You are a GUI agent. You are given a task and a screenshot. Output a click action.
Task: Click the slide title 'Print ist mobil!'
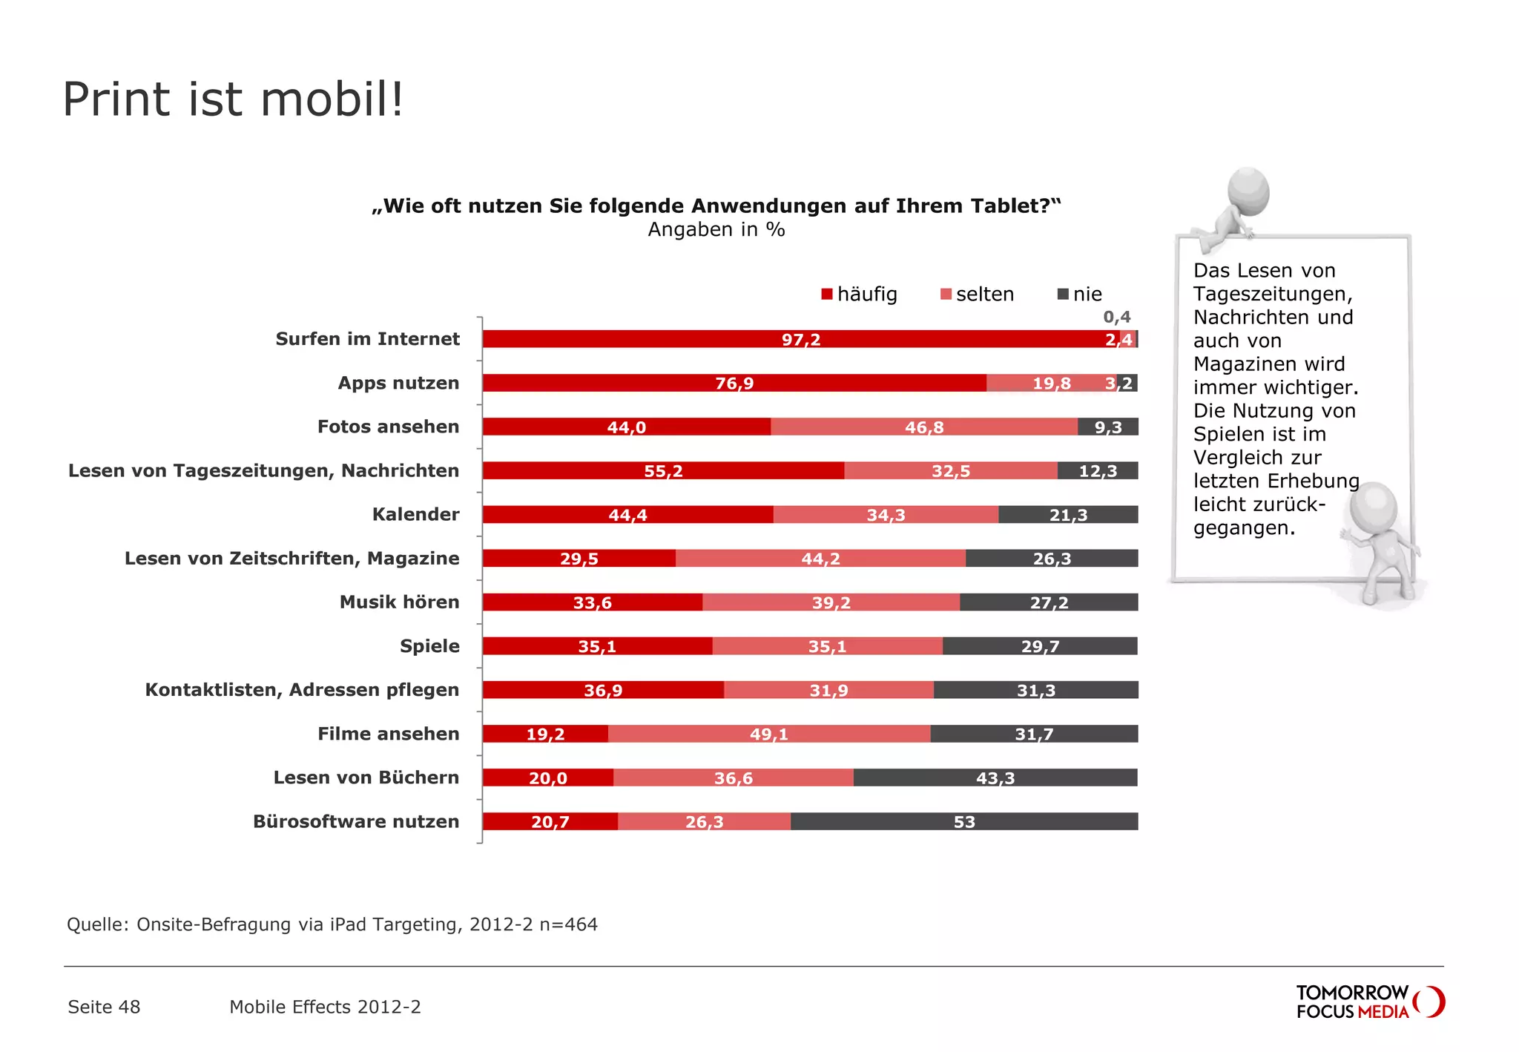[233, 99]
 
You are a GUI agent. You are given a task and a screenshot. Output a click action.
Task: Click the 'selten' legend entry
[977, 295]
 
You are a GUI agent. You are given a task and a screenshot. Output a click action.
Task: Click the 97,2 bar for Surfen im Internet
[800, 340]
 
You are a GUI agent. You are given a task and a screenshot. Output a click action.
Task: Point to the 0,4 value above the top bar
[1116, 318]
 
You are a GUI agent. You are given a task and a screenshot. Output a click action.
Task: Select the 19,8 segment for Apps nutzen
[1051, 384]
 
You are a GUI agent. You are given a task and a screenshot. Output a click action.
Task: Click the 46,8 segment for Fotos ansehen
[923, 427]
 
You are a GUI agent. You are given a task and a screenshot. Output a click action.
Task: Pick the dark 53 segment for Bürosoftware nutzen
[963, 822]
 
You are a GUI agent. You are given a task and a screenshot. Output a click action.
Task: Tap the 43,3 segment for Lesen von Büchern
[995, 778]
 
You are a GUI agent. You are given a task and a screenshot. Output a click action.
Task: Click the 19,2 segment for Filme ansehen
[545, 734]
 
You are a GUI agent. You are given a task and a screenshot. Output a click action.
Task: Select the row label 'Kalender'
[415, 515]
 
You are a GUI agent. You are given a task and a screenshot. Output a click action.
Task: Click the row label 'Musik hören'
[399, 602]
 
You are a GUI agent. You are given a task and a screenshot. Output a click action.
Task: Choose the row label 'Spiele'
[429, 646]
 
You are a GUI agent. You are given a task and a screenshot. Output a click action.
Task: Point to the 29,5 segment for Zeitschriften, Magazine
[579, 559]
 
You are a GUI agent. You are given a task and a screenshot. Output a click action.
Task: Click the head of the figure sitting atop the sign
[1248, 191]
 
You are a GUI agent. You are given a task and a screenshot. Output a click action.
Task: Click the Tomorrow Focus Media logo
[1369, 1002]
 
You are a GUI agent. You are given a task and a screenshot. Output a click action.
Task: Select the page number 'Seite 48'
[104, 1007]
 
